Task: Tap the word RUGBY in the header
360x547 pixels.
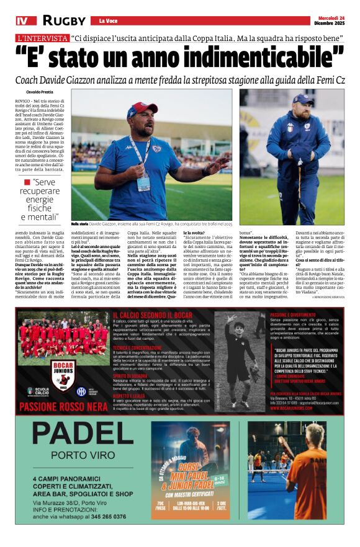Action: [64, 20]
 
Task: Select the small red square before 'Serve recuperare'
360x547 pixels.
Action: [27, 182]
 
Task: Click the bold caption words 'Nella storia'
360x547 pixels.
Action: [79, 223]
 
